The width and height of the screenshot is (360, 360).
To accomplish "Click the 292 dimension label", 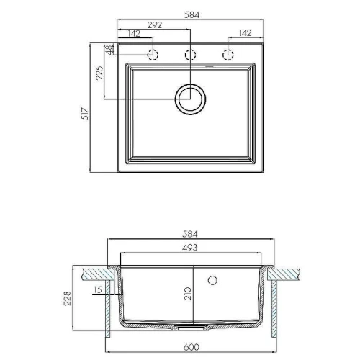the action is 155,25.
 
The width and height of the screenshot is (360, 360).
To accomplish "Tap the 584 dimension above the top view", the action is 192,15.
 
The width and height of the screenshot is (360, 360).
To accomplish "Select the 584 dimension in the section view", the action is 189,234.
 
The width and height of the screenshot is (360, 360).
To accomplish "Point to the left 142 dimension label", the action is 134,34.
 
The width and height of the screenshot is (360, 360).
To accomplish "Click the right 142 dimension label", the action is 245,33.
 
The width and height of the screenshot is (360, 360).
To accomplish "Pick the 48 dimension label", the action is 109,50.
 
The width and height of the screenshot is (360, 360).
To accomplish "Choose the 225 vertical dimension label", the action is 99,73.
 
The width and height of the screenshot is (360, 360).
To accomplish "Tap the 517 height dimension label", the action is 85,114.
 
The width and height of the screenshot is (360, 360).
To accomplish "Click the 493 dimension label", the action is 189,248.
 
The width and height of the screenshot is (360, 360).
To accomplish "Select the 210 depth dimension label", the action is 188,293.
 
